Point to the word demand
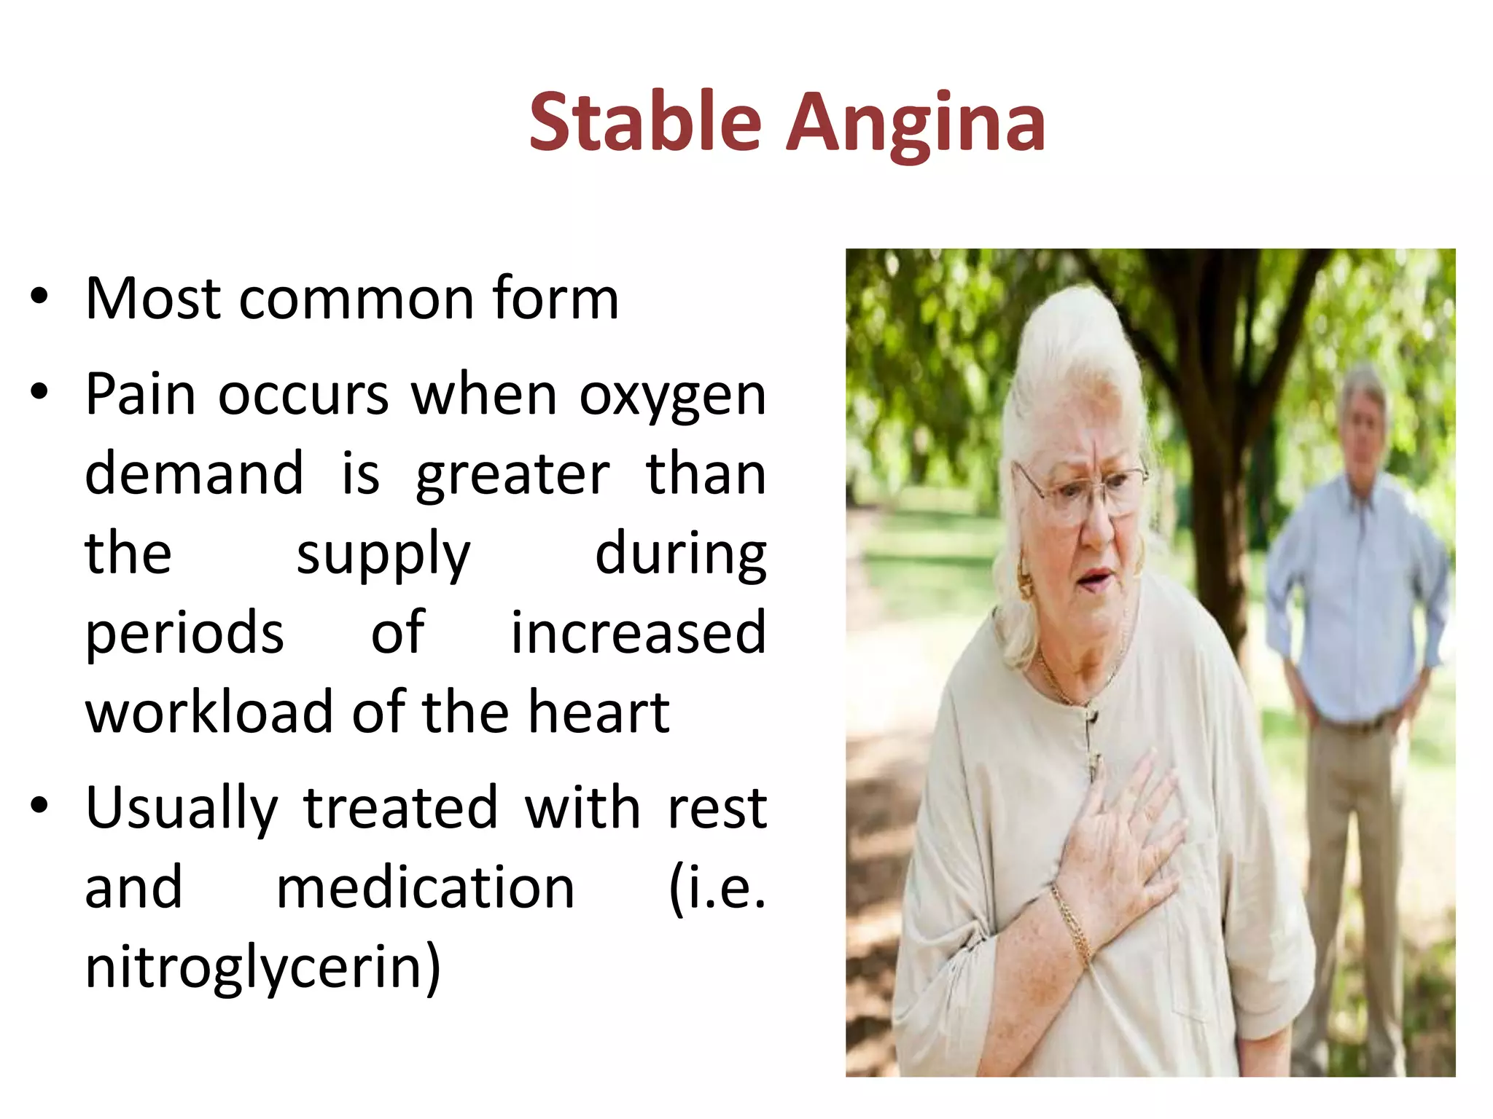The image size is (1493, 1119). click(x=194, y=474)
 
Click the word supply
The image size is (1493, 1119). click(x=383, y=554)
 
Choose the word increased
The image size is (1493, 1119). click(x=638, y=632)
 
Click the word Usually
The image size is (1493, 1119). click(x=182, y=808)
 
